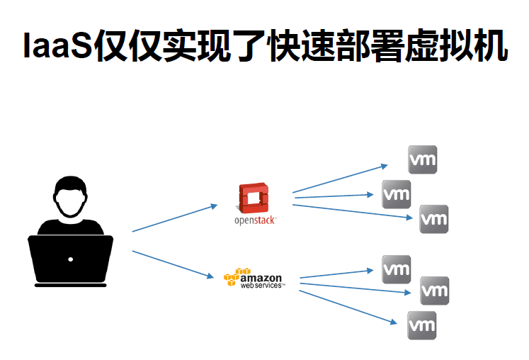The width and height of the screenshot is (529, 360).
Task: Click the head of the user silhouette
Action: click(71, 198)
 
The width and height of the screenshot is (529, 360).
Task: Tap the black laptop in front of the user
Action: click(70, 259)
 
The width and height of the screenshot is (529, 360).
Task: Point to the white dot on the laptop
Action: click(70, 259)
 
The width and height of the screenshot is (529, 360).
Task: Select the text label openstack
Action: click(254, 220)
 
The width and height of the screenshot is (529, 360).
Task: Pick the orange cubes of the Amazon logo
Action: click(236, 276)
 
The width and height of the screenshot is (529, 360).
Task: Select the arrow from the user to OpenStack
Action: click(174, 218)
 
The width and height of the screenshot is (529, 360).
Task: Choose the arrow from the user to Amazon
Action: click(174, 264)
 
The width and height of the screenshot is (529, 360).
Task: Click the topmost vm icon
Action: click(423, 159)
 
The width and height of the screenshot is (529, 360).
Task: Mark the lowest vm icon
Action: click(422, 325)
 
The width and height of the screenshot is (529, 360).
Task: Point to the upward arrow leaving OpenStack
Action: click(340, 179)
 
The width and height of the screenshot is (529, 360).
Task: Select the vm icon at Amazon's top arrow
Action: click(397, 269)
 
